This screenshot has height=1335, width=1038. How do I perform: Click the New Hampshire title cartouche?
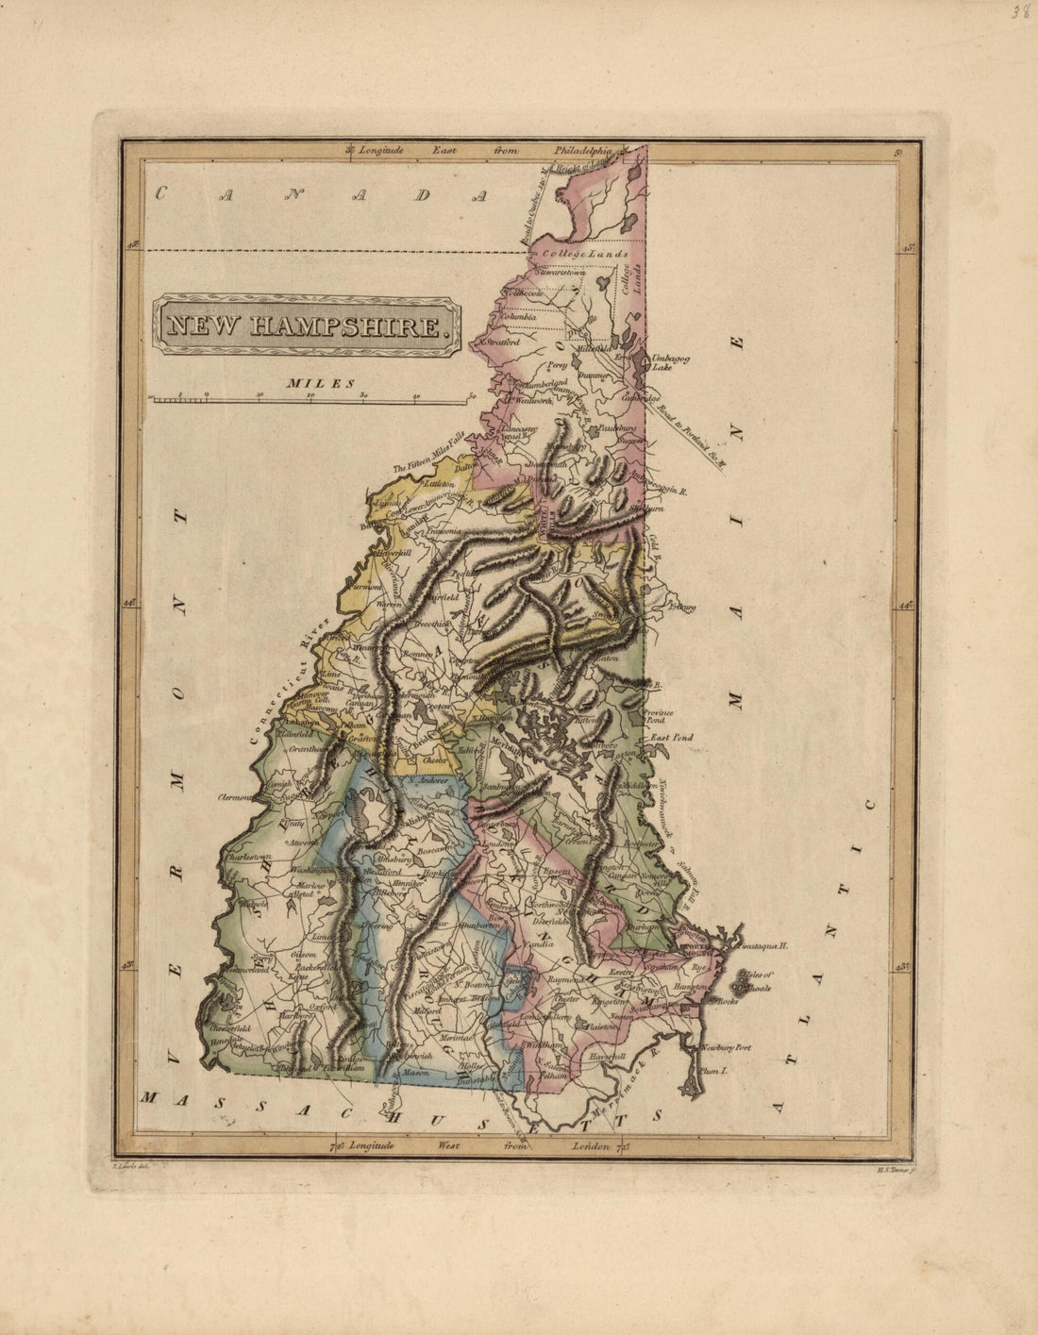click(x=308, y=325)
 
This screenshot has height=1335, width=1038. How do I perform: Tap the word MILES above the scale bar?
click(x=322, y=384)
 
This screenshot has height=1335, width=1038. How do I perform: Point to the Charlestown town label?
click(x=248, y=857)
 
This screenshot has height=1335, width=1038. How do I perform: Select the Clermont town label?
click(x=234, y=797)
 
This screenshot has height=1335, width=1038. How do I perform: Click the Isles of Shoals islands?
click(x=742, y=983)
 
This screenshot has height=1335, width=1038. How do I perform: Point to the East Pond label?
click(x=670, y=737)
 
